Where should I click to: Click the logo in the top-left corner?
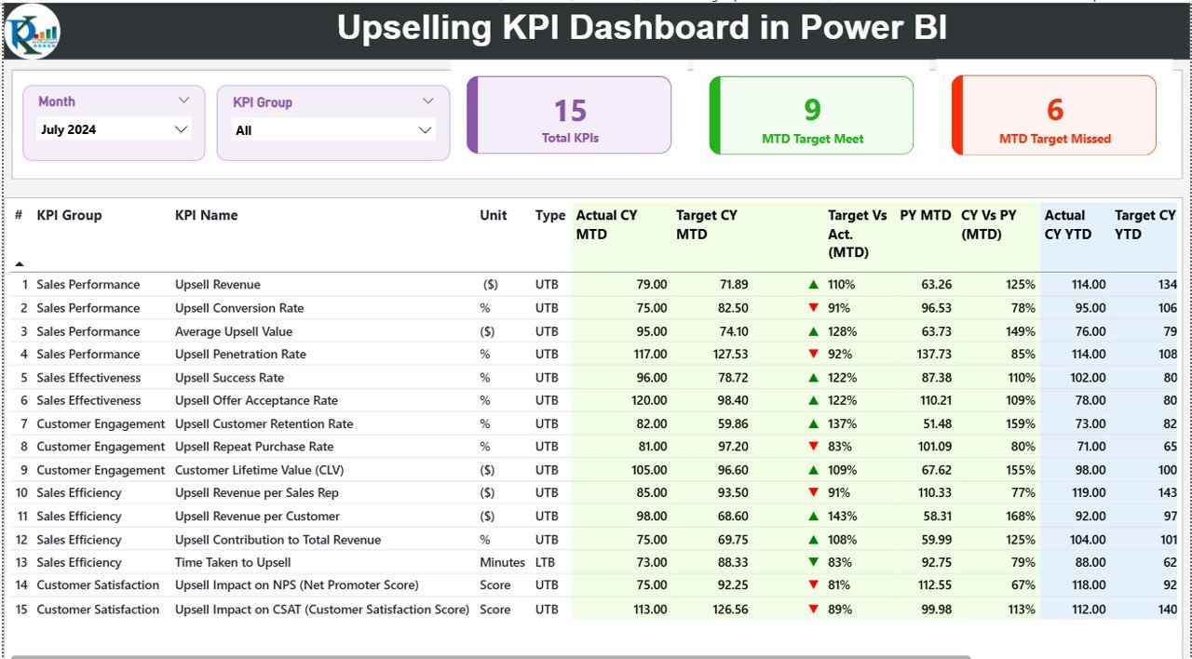pyautogui.click(x=32, y=31)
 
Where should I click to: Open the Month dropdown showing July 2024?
pyautogui.click(x=115, y=129)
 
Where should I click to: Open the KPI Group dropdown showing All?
pyautogui.click(x=333, y=130)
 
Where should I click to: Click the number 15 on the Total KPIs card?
pyautogui.click(x=570, y=112)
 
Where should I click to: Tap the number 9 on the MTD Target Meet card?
pyautogui.click(x=812, y=110)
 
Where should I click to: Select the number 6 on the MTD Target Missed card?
pyautogui.click(x=1054, y=110)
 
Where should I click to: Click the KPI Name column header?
pyautogui.click(x=206, y=215)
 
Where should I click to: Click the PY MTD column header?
pyautogui.click(x=925, y=215)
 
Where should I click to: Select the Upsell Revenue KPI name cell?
pyautogui.click(x=218, y=285)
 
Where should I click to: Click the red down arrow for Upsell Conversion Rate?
pyautogui.click(x=814, y=308)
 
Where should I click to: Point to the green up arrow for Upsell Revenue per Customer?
pyautogui.click(x=814, y=517)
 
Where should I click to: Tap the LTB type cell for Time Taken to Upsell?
pyautogui.click(x=547, y=562)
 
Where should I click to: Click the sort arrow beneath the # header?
pyautogui.click(x=20, y=264)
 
